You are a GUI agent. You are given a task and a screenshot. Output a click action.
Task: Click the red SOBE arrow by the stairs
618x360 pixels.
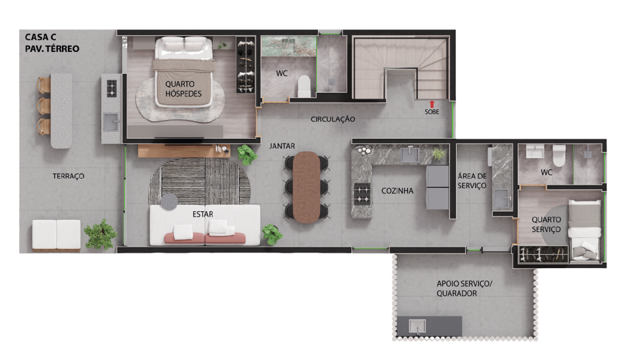pyautogui.click(x=431, y=104)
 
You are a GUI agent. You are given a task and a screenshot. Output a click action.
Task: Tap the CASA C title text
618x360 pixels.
pyautogui.click(x=41, y=37)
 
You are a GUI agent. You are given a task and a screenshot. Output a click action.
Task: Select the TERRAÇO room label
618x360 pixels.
pyautogui.click(x=69, y=176)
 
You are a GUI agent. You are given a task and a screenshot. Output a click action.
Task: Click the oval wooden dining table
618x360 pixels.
pyautogui.click(x=307, y=187)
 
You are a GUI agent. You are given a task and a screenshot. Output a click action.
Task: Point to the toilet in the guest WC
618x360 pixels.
pyautogui.click(x=304, y=87)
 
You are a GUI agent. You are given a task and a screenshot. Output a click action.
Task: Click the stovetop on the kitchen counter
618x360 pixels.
pyautogui.click(x=362, y=194)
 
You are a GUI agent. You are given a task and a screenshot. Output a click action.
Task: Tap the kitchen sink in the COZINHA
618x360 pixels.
pyautogui.click(x=410, y=155)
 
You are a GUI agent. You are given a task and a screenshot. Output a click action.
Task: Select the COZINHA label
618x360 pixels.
pyautogui.click(x=397, y=191)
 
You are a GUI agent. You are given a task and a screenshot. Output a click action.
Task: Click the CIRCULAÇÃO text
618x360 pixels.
pyautogui.click(x=333, y=119)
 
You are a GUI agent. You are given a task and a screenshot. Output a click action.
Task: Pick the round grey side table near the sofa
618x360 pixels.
pyautogui.click(x=169, y=201)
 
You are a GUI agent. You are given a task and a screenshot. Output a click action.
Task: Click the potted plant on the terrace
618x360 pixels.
pyautogui.click(x=101, y=234)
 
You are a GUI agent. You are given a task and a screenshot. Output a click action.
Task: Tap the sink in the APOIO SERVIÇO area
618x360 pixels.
pyautogui.click(x=417, y=327)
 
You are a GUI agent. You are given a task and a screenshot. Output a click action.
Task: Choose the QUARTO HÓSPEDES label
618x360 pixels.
pyautogui.click(x=183, y=89)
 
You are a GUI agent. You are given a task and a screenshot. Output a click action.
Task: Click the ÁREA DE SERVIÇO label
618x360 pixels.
pyautogui.click(x=472, y=181)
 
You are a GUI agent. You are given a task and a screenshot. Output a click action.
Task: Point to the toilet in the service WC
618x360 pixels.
pyautogui.click(x=559, y=155)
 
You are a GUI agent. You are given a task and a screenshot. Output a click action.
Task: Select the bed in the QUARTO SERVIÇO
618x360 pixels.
pyautogui.click(x=585, y=229)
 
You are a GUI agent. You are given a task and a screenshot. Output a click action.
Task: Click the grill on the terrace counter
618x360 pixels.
pyautogui.click(x=111, y=88)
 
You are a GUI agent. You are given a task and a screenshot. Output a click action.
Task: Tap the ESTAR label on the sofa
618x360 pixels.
pyautogui.click(x=203, y=214)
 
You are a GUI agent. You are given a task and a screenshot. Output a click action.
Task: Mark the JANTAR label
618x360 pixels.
pyautogui.click(x=282, y=146)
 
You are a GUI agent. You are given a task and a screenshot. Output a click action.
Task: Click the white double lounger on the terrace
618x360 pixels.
pyautogui.click(x=57, y=235)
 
